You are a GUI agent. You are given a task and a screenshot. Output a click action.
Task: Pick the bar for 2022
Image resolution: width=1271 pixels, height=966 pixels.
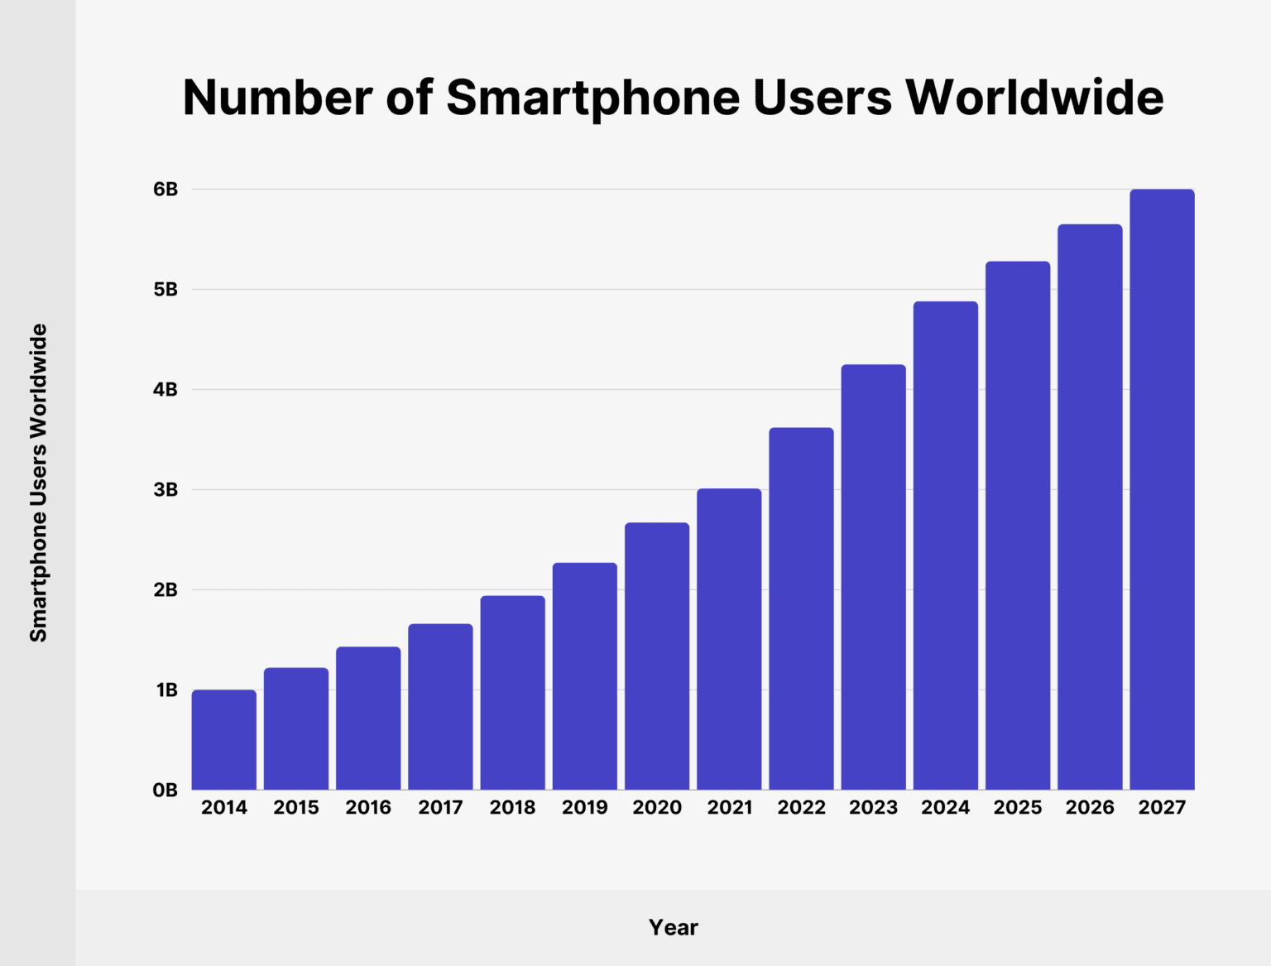pos(801,608)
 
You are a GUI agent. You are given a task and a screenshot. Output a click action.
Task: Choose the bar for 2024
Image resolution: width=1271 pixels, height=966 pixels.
pos(945,545)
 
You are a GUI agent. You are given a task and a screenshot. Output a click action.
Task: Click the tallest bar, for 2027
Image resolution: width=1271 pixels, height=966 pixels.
pos(1162,489)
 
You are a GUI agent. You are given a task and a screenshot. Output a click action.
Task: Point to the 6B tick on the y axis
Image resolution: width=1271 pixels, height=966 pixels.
pos(165,190)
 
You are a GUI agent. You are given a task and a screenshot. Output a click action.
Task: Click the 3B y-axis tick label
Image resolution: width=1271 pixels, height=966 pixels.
pos(165,490)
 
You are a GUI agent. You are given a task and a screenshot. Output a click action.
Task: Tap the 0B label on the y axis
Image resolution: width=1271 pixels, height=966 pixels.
pos(165,791)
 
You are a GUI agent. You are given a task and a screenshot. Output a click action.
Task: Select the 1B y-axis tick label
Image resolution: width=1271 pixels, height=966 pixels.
pos(166,690)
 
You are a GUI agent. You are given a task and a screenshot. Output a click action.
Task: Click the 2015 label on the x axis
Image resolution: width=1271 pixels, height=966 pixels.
pos(296,808)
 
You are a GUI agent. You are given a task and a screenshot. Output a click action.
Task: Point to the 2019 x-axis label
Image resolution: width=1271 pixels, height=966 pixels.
pos(584,808)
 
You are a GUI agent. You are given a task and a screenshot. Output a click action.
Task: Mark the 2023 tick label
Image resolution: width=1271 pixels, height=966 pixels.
pos(873,808)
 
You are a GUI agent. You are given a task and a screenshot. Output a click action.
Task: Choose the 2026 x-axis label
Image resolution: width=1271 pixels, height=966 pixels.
pos(1090,808)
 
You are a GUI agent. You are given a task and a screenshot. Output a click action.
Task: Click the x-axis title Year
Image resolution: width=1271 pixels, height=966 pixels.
pos(673,927)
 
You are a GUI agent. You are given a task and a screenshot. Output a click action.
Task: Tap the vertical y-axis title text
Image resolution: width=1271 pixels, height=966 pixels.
pos(39,483)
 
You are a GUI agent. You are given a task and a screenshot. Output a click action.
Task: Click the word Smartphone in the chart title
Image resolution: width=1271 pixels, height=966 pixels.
pos(592,98)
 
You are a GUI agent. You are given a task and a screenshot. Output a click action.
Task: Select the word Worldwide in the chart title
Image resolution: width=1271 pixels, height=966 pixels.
pos(1034,98)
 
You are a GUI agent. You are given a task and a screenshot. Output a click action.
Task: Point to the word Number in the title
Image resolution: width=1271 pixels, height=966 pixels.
pos(277,98)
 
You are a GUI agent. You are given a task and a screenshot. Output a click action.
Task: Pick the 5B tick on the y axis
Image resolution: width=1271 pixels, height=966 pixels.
pos(165,290)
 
